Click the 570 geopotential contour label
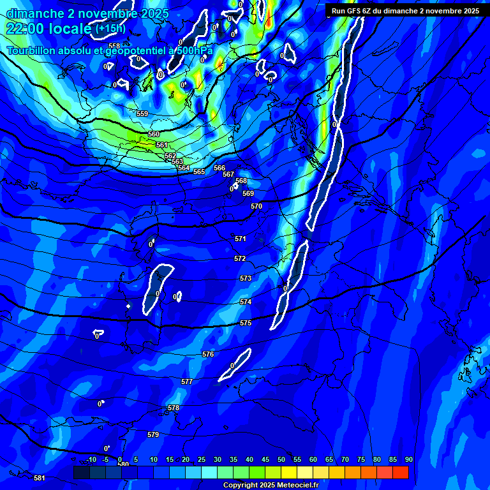[x=256, y=206]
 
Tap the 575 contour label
[x=246, y=323]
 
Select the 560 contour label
[x=154, y=135]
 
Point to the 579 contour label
[x=153, y=434]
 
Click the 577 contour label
[x=187, y=382]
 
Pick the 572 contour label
[x=240, y=258]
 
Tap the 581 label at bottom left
[x=40, y=478]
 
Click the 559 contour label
[x=142, y=114]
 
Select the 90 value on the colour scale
[x=408, y=460]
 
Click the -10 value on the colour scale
[x=91, y=460]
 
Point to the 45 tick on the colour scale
[x=265, y=460]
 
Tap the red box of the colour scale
[x=400, y=472]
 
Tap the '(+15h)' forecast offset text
[x=110, y=29]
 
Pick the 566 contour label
[x=219, y=168]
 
